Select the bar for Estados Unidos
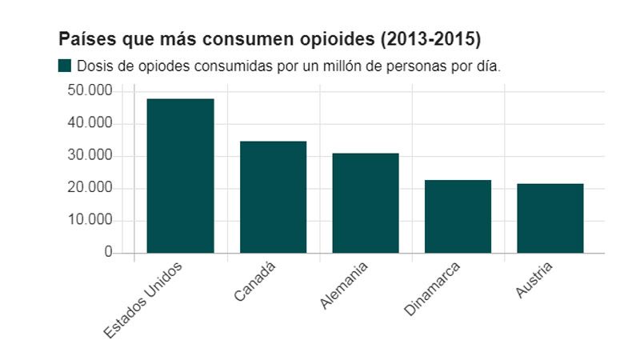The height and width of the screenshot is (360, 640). (180, 176)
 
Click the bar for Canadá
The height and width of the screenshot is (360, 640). (273, 197)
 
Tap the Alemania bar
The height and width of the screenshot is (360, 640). (366, 202)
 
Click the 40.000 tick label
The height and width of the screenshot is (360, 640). (90, 124)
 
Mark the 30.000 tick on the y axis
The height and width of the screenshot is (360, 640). (90, 156)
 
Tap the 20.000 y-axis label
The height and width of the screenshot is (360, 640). (90, 188)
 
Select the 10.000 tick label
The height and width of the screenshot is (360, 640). (90, 221)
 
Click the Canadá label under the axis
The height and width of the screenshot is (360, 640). (256, 282)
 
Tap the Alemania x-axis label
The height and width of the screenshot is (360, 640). (345, 286)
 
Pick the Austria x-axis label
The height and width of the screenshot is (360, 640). (534, 279)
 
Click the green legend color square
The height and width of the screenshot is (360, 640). (65, 66)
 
